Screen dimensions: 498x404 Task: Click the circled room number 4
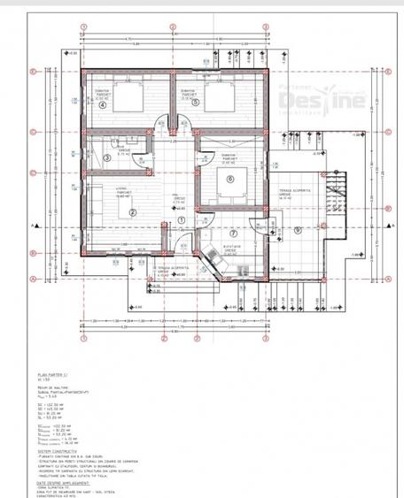click(103, 104)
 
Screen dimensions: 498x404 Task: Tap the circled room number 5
click(195, 103)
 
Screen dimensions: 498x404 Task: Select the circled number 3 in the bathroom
click(107, 158)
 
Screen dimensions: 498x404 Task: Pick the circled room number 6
click(230, 178)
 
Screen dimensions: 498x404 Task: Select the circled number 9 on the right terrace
click(298, 230)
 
